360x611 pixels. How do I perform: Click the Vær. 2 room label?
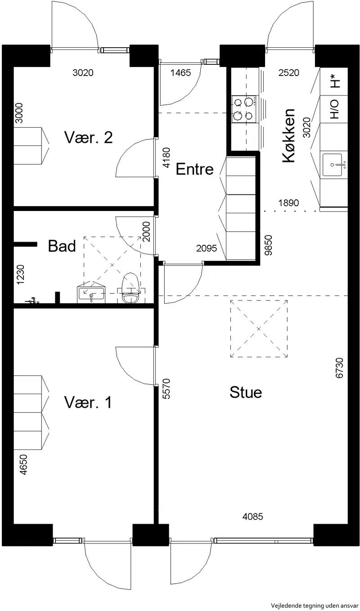88,137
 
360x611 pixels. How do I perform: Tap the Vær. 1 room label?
88,402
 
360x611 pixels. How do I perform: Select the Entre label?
194,169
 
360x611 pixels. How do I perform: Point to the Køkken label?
289,135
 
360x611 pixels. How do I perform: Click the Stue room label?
246,392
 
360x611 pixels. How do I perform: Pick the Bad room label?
62,246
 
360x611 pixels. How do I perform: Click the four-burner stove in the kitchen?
244,109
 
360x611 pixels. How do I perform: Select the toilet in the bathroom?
130,288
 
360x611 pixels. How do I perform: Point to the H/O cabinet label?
334,109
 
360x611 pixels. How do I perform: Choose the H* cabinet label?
335,81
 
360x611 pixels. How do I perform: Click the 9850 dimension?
269,245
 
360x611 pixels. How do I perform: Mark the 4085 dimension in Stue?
253,517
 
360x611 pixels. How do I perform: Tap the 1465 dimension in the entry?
180,72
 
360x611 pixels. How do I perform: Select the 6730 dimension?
339,368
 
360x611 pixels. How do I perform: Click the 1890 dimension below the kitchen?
288,203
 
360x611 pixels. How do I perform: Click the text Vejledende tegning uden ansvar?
315,605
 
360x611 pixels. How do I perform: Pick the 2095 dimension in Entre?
207,248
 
